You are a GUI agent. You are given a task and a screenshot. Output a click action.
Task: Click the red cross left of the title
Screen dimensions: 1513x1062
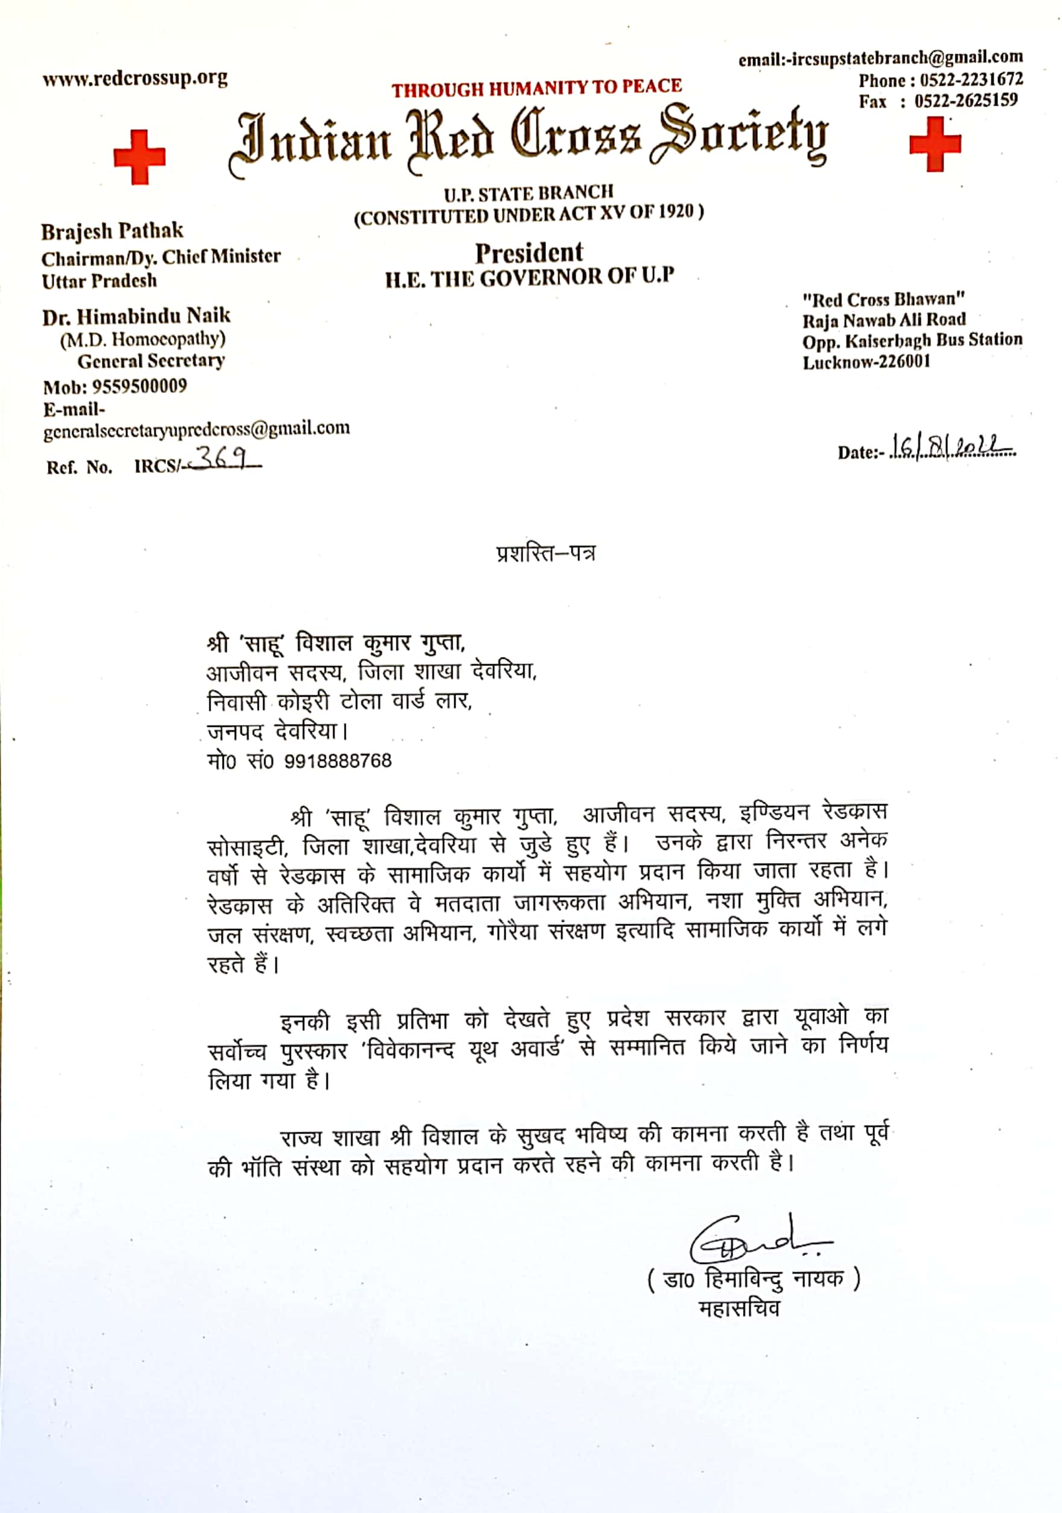(139, 157)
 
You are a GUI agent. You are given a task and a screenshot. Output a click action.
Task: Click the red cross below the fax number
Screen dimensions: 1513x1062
(934, 144)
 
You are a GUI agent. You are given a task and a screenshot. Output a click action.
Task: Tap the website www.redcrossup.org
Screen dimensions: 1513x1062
(135, 79)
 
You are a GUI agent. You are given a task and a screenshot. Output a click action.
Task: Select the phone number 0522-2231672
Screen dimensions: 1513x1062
(971, 80)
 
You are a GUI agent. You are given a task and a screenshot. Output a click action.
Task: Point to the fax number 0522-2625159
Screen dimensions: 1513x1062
(965, 101)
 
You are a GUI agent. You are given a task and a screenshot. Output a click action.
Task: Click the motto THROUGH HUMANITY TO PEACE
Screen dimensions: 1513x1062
(536, 87)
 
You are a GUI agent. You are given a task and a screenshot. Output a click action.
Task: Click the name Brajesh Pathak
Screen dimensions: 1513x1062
(112, 230)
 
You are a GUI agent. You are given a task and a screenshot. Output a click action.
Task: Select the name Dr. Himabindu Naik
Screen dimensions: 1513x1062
(136, 317)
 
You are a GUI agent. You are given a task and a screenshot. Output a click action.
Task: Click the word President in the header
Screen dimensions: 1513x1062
(529, 252)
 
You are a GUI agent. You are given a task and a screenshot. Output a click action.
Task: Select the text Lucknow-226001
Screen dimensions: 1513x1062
(866, 362)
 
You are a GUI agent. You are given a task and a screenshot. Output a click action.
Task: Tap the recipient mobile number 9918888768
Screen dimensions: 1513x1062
(337, 761)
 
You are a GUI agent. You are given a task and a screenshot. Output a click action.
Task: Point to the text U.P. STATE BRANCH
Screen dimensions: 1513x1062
(528, 193)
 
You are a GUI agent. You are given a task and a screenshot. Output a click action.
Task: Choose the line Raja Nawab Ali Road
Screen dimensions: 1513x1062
(883, 320)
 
